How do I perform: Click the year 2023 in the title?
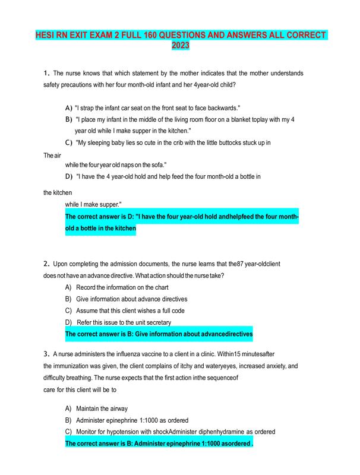click(x=180, y=45)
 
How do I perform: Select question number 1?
click(x=46, y=74)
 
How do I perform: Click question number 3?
click(x=46, y=354)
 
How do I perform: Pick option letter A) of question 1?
click(x=68, y=108)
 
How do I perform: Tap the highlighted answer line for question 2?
click(x=159, y=334)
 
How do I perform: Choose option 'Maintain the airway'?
click(x=102, y=408)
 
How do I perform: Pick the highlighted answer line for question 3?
click(x=159, y=443)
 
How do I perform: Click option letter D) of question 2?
click(x=68, y=322)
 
